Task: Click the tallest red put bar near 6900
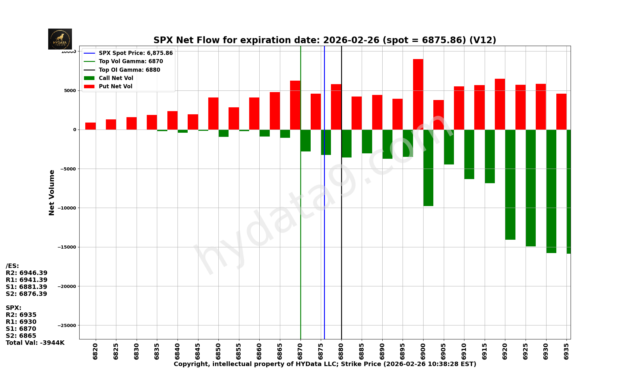(x=418, y=94)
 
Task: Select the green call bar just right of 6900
(x=428, y=168)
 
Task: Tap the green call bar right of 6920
(x=510, y=184)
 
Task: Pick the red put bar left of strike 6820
(x=90, y=126)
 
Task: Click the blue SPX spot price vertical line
(x=324, y=222)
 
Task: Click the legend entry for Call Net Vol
(x=116, y=78)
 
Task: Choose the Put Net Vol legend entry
(x=115, y=86)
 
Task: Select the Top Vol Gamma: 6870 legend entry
(x=131, y=62)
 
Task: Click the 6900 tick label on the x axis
(x=423, y=351)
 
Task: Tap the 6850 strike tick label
(x=218, y=351)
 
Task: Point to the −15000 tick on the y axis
(x=67, y=247)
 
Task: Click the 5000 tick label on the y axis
(x=70, y=90)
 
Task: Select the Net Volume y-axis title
(x=52, y=192)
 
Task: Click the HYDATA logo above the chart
(x=60, y=39)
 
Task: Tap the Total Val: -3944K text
(x=35, y=343)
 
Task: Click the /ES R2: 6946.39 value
(x=27, y=273)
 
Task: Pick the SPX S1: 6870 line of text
(x=21, y=329)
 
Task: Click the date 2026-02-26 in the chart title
(x=351, y=40)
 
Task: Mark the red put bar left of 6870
(x=295, y=105)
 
